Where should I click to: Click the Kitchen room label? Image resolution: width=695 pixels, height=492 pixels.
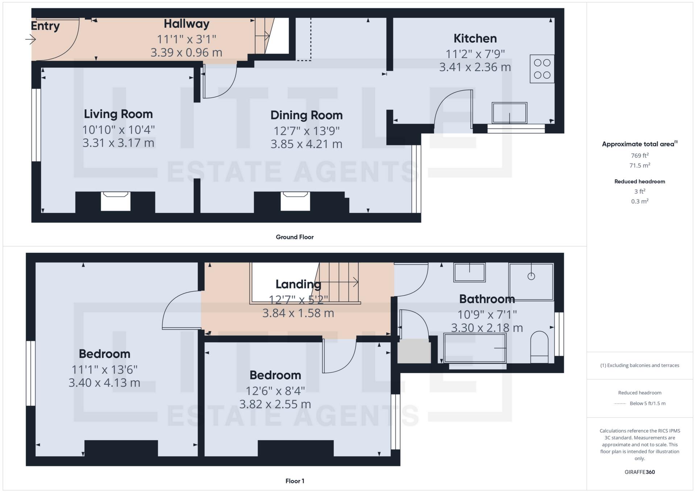pos(475,38)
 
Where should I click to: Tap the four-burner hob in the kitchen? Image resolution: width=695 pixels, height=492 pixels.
pos(542,69)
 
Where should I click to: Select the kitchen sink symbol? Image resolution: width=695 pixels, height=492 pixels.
pos(509,113)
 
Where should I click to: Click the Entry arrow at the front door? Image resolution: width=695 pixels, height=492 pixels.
pos(30,39)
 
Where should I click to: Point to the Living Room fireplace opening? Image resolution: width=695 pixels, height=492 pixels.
pos(115,202)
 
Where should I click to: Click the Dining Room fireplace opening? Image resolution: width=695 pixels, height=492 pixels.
pos(295,202)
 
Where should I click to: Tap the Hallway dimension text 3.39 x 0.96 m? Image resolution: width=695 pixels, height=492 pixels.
pos(186,53)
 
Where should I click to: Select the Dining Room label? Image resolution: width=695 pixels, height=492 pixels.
pos(306,115)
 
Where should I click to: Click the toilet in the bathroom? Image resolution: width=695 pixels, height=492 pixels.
pos(539,347)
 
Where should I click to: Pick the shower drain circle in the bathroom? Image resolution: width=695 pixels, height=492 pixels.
pos(531,276)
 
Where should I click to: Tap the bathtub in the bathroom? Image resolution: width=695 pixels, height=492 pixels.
pos(475,348)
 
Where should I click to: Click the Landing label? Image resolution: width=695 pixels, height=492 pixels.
pos(298,284)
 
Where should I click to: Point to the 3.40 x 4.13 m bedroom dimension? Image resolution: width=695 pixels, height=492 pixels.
pos(104,383)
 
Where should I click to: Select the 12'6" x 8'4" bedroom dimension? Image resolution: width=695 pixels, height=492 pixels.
pos(275,391)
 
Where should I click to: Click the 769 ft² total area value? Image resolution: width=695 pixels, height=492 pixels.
pos(639,156)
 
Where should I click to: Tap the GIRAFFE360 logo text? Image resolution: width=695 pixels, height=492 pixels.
pos(639,472)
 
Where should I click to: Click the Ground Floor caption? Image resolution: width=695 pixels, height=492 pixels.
pos(294,237)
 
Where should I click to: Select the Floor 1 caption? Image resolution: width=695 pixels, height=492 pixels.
pos(294,481)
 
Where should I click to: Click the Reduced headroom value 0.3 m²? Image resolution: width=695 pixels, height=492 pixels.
pos(639,201)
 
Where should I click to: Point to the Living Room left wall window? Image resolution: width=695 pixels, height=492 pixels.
pos(36,125)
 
